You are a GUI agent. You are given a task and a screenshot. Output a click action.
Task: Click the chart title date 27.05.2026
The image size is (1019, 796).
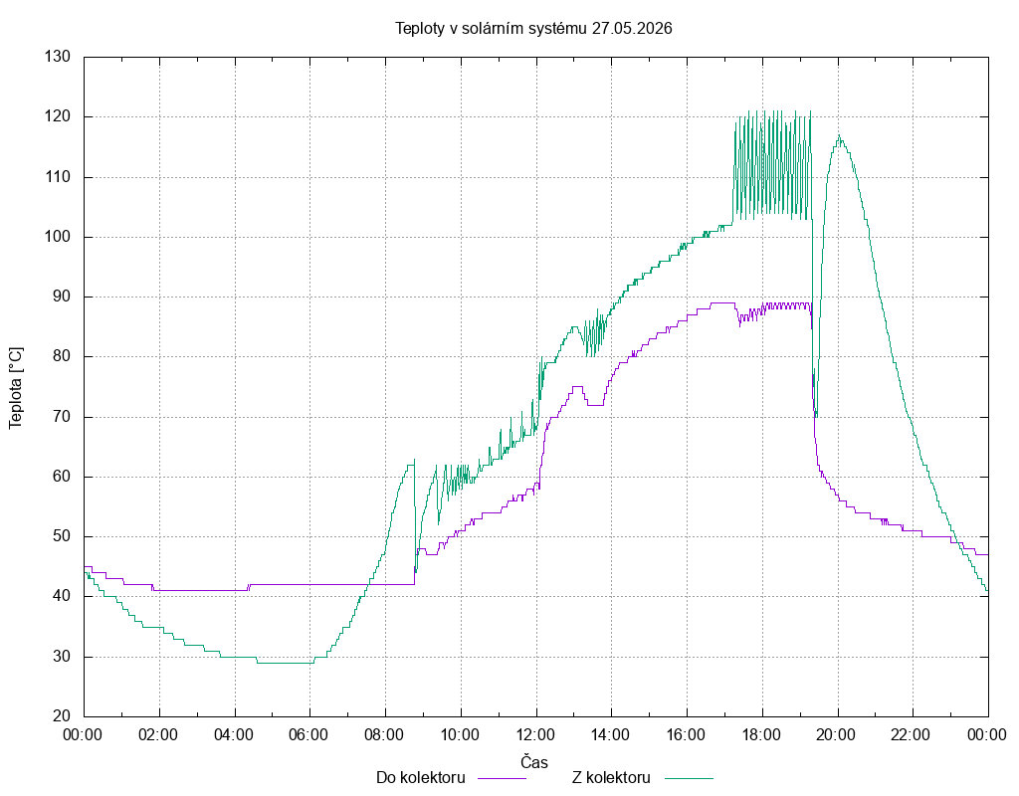coord(632,29)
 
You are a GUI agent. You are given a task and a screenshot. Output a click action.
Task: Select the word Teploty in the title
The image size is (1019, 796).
coord(420,29)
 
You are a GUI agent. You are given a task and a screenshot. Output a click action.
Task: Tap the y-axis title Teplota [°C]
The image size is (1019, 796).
coord(16,388)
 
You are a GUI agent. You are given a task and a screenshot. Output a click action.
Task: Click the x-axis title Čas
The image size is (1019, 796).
coord(534,761)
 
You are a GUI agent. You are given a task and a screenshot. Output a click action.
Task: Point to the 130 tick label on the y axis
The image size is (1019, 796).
coord(57,57)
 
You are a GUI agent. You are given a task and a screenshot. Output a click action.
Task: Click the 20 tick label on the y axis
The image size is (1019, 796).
coord(62,715)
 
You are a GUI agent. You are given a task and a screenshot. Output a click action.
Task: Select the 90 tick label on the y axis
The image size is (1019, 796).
coord(62,297)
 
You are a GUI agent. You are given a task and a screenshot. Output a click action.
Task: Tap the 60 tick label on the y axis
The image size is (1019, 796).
coord(62,477)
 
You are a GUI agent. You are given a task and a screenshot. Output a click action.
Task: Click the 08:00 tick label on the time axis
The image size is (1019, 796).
coord(384,735)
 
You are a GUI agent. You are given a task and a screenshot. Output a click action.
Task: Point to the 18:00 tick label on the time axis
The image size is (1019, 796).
coord(761,735)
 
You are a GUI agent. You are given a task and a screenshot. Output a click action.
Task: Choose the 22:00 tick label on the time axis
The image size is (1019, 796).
coord(912,735)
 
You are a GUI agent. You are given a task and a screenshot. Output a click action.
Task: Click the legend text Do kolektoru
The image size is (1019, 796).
coord(421,777)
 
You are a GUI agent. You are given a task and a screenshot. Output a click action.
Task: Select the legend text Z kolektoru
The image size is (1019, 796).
coord(611,777)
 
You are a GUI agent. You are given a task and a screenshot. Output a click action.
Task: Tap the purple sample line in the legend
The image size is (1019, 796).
coord(502,778)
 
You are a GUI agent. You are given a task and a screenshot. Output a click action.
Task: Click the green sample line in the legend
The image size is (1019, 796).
coord(689,778)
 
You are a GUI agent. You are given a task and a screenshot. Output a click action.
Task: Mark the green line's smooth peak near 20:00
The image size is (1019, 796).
coord(839,135)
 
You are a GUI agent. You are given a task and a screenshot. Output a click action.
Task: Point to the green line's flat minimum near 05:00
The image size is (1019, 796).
coord(286,663)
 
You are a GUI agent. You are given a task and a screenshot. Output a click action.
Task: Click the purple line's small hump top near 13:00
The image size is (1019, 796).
coord(576,387)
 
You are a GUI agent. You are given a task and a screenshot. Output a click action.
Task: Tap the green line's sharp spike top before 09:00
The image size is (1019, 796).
coord(415,460)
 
